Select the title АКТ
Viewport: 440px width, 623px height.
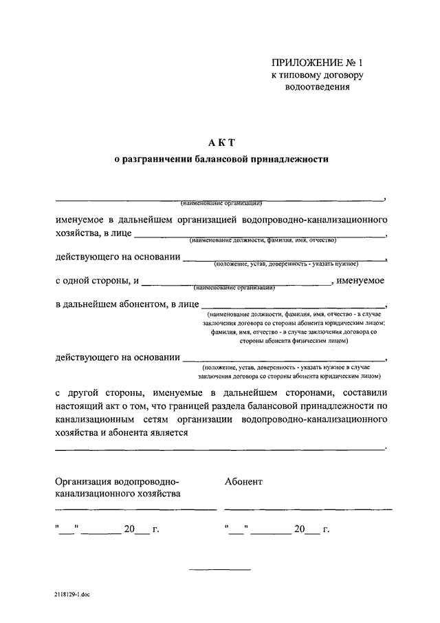click(x=221, y=142)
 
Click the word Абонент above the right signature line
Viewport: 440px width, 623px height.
click(x=243, y=481)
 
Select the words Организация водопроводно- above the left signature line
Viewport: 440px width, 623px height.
click(x=117, y=481)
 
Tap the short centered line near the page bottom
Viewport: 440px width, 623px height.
click(x=220, y=569)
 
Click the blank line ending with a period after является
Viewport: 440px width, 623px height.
click(x=220, y=449)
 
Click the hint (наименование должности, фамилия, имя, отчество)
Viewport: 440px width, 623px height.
click(x=263, y=240)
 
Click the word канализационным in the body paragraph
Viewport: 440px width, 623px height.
click(x=91, y=419)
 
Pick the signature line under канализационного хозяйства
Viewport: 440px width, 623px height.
click(x=135, y=509)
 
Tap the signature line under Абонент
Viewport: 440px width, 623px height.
click(x=308, y=509)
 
